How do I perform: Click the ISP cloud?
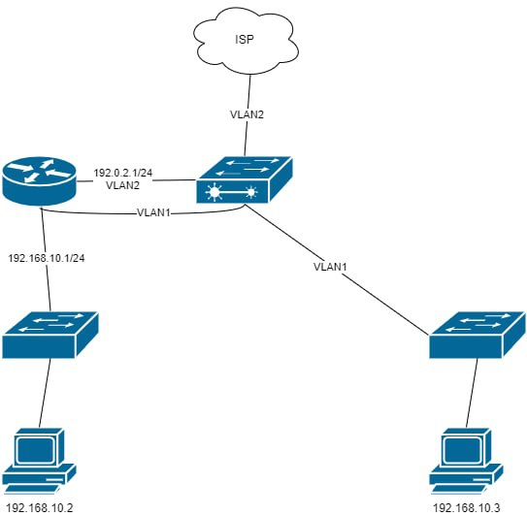246,41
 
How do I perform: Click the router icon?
40,181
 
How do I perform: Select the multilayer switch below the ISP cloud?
244,179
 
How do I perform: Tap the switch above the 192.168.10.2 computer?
50,335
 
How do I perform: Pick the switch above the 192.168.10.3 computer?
478,335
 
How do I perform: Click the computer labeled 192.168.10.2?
40,461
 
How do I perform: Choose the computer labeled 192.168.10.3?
466,461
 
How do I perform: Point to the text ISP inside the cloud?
245,40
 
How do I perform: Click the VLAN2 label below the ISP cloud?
247,114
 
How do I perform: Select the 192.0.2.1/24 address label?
123,173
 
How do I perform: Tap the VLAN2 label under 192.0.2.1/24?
122,185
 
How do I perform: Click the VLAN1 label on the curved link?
154,212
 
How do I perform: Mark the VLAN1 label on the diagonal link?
330,267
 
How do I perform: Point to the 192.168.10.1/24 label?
47,258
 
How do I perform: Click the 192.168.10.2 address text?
40,508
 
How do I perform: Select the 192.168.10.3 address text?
467,508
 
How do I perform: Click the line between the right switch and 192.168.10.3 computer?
472,393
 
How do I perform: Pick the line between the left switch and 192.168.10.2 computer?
45,393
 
